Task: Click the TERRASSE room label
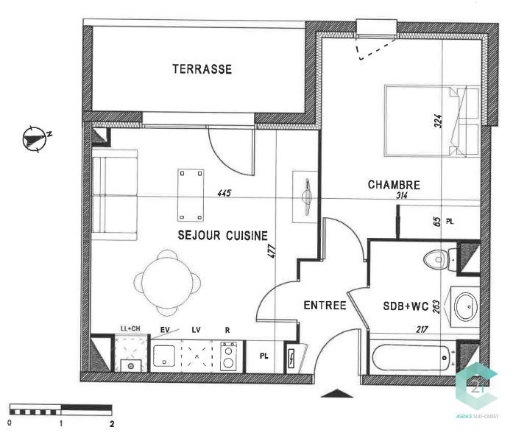click(x=202, y=69)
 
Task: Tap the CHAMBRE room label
click(x=394, y=185)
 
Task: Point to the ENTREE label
click(x=325, y=305)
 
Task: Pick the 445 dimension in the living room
click(x=224, y=194)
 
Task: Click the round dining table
click(x=168, y=280)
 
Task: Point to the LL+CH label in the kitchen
click(x=131, y=328)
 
